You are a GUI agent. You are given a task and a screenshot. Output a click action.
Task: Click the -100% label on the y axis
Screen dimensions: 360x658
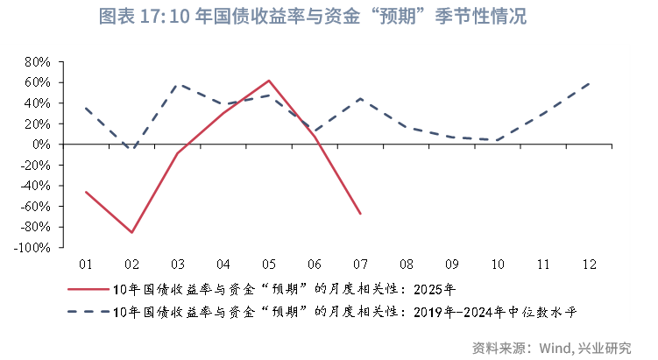[33, 248]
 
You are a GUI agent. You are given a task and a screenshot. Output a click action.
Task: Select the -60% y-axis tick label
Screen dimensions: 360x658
[36, 207]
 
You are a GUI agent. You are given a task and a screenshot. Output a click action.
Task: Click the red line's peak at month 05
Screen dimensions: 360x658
[269, 81]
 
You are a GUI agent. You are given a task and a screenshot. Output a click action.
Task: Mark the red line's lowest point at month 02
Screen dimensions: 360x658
[131, 233]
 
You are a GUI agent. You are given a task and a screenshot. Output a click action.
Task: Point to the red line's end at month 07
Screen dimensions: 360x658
[360, 214]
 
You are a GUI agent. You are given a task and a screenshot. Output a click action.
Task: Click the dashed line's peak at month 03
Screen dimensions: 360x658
[178, 84]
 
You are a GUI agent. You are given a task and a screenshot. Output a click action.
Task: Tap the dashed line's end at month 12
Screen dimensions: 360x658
[589, 83]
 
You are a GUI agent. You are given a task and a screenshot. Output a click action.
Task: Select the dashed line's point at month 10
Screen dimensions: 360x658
[498, 140]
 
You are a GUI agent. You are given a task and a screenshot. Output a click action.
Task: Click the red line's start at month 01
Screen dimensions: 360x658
[86, 192]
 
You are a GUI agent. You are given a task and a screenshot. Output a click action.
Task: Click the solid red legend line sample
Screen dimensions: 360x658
[88, 288]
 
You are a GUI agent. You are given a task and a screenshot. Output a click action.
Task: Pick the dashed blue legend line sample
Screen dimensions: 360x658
[88, 311]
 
